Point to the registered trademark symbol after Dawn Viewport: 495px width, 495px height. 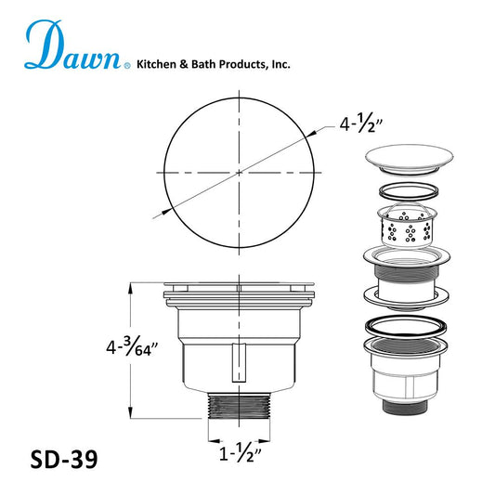pos(128,65)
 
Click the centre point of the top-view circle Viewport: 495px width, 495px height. pos(239,172)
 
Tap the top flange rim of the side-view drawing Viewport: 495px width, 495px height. pos(240,287)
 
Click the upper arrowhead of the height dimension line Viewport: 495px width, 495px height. pos(129,289)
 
